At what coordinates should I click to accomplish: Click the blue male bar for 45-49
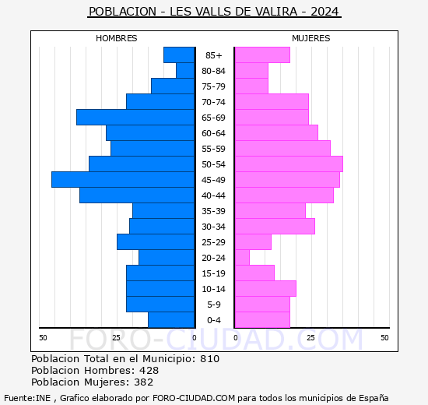123,180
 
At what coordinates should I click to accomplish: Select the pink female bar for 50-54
288,164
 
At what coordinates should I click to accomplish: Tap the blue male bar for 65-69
135,118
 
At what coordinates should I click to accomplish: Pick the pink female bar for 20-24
242,258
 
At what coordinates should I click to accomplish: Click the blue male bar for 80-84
185,71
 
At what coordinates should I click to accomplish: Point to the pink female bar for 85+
261,55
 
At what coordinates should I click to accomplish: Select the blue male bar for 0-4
171,320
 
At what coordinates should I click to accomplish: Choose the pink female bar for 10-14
265,289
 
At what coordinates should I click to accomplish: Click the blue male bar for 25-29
156,242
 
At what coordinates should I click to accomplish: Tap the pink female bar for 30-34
274,227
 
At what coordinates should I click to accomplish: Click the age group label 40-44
214,195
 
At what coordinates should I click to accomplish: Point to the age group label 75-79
214,86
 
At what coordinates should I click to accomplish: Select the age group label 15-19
214,273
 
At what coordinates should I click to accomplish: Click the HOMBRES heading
117,38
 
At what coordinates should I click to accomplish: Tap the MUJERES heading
310,38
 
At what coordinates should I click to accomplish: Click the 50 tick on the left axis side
44,337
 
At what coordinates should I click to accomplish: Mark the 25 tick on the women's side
310,337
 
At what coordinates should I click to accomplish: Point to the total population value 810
209,359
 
